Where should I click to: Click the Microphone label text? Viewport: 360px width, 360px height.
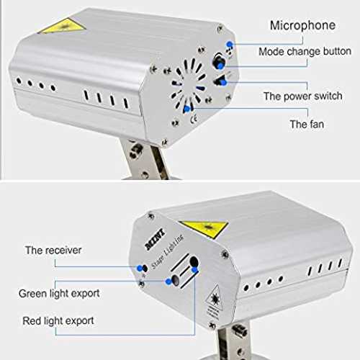[302, 26]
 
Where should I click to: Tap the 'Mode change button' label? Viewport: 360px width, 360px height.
[305, 51]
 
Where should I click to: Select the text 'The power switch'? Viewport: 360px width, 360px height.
[303, 96]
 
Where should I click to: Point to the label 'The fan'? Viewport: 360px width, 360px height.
[307, 124]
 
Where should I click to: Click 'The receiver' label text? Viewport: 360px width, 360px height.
[53, 251]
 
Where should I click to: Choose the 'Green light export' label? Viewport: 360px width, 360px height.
[59, 294]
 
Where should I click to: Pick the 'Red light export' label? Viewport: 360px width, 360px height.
[58, 321]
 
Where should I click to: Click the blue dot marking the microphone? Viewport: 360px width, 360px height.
[230, 44]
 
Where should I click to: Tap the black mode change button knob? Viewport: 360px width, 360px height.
[219, 61]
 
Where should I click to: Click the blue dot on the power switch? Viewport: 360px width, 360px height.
[224, 83]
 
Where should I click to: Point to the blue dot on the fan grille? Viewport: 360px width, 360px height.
[186, 109]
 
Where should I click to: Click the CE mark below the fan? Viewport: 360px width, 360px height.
[194, 119]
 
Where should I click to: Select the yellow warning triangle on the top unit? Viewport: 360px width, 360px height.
[63, 26]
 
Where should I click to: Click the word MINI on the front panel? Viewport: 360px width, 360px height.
[156, 239]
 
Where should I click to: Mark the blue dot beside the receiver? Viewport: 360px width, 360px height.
[140, 268]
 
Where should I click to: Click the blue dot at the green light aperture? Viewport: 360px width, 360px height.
[168, 282]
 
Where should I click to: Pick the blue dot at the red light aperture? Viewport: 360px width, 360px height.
[194, 270]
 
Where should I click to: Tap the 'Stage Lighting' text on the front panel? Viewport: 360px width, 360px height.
[168, 251]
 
